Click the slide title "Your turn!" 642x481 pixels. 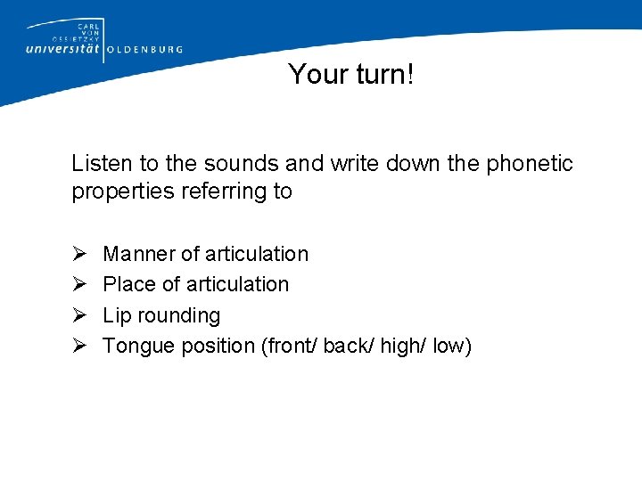click(x=351, y=75)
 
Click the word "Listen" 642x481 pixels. click(x=100, y=164)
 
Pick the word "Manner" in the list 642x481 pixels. click(x=139, y=254)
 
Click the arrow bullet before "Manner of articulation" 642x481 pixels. click(x=78, y=255)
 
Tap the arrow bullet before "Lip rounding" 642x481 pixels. click(x=78, y=316)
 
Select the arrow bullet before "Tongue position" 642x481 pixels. click(x=78, y=346)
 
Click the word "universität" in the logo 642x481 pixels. click(x=63, y=50)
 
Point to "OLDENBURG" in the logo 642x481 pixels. click(x=144, y=50)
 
